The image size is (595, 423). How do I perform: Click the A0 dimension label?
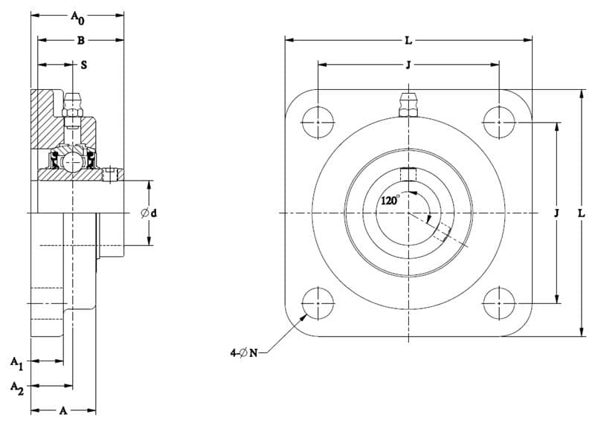(78, 17)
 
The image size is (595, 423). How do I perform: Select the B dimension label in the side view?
(81, 41)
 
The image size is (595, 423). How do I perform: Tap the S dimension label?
(84, 65)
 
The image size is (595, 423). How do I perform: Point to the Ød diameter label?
(149, 213)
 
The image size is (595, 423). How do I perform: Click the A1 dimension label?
(16, 363)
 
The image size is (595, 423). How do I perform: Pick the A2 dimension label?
(16, 388)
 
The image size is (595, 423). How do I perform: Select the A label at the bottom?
(63, 410)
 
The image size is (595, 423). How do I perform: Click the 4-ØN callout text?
(244, 353)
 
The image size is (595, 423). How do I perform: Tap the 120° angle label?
(390, 200)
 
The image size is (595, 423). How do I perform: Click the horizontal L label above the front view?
(408, 41)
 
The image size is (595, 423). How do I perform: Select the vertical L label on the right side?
(582, 213)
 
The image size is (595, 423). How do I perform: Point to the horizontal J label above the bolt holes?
(408, 65)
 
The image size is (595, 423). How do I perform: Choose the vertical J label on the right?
(556, 213)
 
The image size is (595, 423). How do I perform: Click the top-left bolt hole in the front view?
(318, 123)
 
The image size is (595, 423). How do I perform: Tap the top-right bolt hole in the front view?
(499, 123)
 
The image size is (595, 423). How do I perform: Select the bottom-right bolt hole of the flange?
(499, 303)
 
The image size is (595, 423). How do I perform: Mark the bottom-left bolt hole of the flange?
(318, 303)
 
